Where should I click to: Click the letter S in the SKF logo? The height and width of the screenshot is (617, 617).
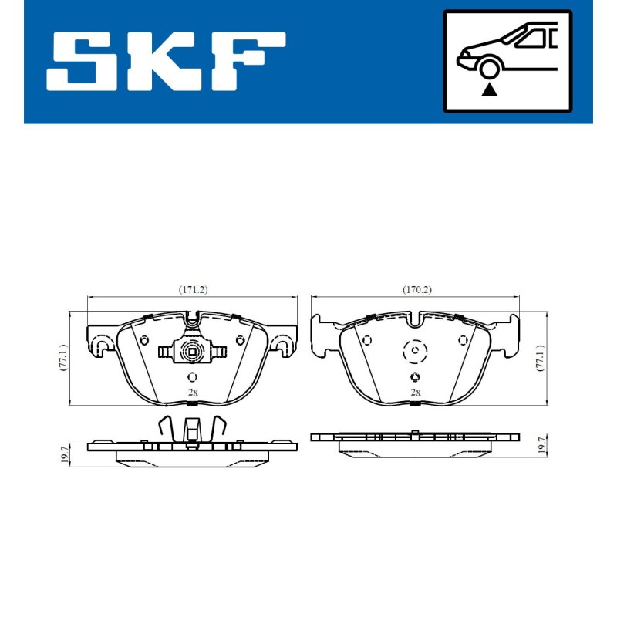coord(82,62)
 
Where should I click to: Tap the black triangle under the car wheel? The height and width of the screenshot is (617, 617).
coord(490,89)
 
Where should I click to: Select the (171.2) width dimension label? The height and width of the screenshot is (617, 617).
coord(193,290)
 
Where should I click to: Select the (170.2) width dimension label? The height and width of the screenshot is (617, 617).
coord(416,290)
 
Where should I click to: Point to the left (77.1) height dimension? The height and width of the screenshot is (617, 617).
coord(63,357)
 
